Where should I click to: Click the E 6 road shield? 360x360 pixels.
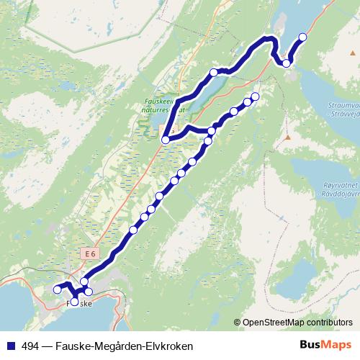[89, 254]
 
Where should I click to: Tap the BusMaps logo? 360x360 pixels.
[326, 346]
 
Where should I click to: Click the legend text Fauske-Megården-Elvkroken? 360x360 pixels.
[118, 346]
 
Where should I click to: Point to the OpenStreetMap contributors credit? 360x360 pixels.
[297, 323]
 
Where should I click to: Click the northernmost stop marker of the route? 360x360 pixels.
[302, 37]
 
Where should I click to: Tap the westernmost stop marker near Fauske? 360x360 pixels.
[58, 289]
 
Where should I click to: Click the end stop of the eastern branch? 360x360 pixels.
[254, 96]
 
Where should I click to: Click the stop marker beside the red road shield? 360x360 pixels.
[166, 140]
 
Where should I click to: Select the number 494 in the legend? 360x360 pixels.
[32, 346]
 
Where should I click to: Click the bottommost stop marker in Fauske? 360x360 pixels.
[74, 302]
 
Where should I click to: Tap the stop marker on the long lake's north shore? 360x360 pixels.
[213, 72]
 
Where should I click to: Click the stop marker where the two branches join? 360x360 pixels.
[212, 131]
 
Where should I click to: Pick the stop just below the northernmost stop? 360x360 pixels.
[287, 63]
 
